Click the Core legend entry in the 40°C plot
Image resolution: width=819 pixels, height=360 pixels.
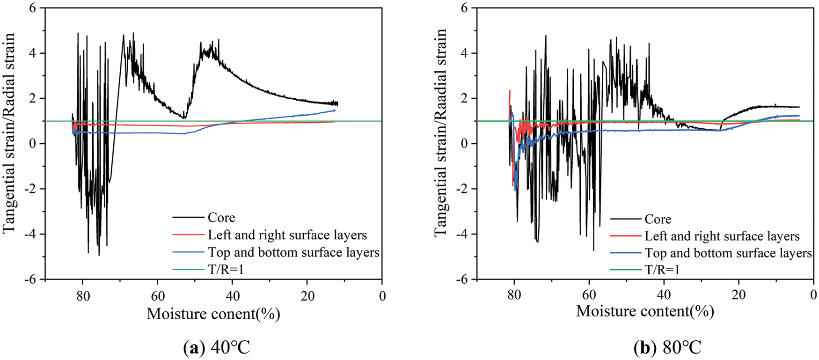click(221, 218)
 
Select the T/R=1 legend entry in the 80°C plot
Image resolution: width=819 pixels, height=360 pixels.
click(662, 270)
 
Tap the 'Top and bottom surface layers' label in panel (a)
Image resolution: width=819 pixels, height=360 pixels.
click(293, 252)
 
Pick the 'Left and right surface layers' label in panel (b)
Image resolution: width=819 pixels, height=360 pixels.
click(722, 236)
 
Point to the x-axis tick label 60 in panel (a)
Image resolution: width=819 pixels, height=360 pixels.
click(158, 296)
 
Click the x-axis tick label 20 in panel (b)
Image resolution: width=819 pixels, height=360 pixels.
click(739, 295)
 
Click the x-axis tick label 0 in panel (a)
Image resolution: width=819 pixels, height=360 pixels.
click(382, 296)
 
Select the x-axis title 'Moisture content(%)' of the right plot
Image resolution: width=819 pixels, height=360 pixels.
click(645, 311)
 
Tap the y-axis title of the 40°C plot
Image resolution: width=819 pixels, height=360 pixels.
click(9, 133)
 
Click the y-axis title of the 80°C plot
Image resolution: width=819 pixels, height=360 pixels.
click(441, 133)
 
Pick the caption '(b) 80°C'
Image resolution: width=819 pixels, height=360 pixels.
click(667, 348)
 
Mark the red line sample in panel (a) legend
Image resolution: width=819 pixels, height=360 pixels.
click(188, 235)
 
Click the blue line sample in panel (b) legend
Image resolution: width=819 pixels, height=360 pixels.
click(625, 253)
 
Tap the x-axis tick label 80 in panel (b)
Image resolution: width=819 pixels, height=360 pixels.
click(514, 295)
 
